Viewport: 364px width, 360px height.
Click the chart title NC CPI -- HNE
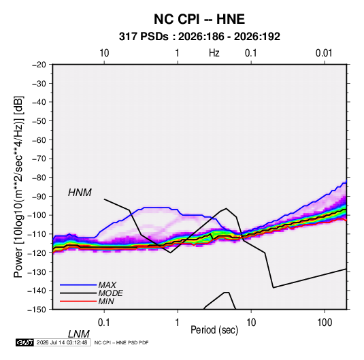pos(199,19)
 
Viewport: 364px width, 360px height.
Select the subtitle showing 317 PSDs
pos(199,37)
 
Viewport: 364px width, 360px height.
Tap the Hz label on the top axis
pos(214,53)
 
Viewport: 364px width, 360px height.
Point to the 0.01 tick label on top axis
pos(324,53)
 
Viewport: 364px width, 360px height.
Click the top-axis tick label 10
pos(104,53)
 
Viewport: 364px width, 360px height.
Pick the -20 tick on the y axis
pos(39,65)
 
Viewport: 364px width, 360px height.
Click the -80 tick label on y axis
pos(39,178)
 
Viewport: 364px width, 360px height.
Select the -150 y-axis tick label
pos(37,310)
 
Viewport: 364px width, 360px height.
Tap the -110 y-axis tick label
pos(37,234)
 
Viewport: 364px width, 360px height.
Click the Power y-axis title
pos(18,187)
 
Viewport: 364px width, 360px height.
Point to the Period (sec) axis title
pos(214,330)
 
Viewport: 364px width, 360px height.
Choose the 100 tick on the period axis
pos(325,323)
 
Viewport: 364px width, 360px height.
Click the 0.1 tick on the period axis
pos(104,323)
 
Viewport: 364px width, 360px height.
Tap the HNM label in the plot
pos(80,193)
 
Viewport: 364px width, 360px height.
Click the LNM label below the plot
pos(79,334)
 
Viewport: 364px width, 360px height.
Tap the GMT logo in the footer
pos(24,342)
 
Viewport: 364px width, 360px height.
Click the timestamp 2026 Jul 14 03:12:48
pos(62,342)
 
